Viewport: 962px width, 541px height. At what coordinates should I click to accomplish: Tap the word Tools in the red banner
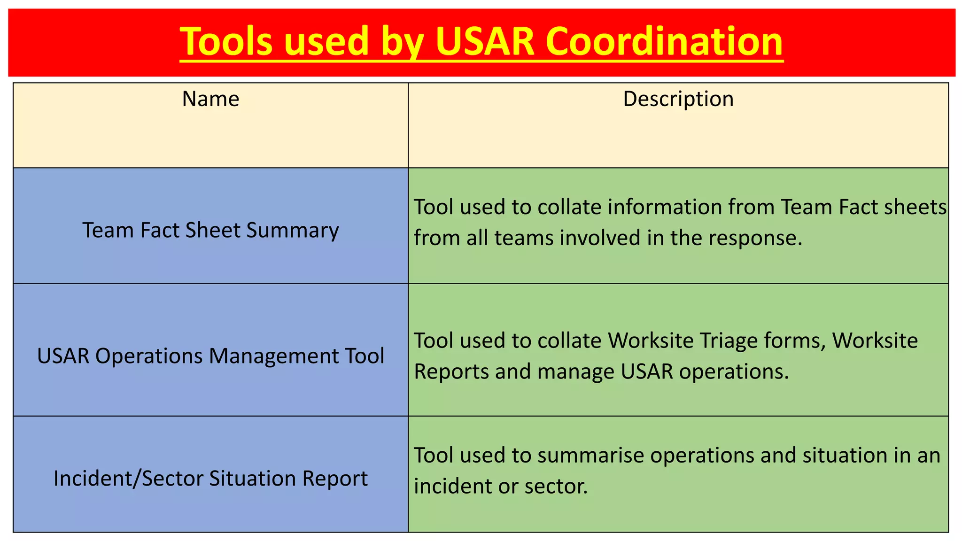click(226, 41)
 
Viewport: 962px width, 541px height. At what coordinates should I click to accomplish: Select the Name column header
click(210, 99)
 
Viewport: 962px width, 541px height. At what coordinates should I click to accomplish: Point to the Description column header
click(678, 99)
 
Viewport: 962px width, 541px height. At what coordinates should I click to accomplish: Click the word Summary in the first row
click(292, 231)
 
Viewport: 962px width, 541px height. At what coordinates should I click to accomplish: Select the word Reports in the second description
click(450, 371)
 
